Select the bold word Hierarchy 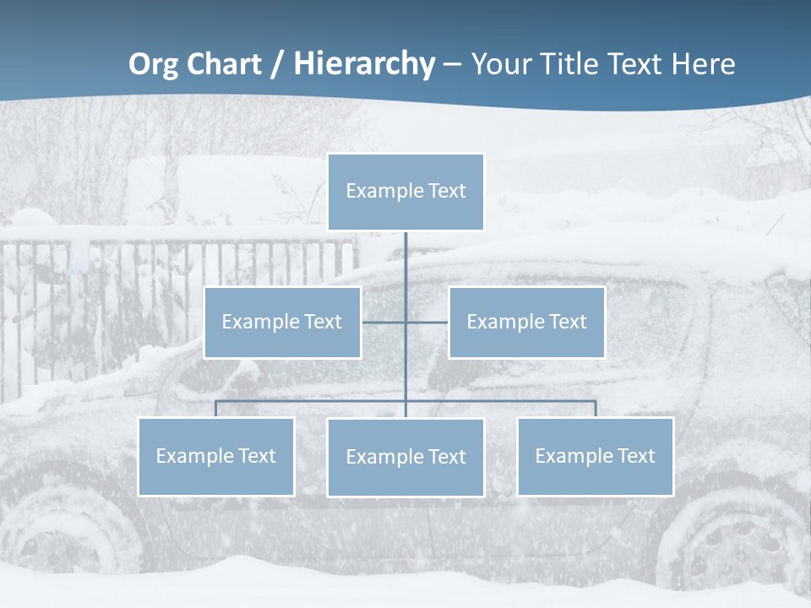(364, 64)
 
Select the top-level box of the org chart (405, 192)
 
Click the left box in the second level (282, 322)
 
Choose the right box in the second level (526, 322)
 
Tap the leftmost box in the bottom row (215, 456)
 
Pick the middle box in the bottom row (405, 457)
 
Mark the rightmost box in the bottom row (595, 456)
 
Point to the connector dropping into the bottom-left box (215, 409)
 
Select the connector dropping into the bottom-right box (596, 409)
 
